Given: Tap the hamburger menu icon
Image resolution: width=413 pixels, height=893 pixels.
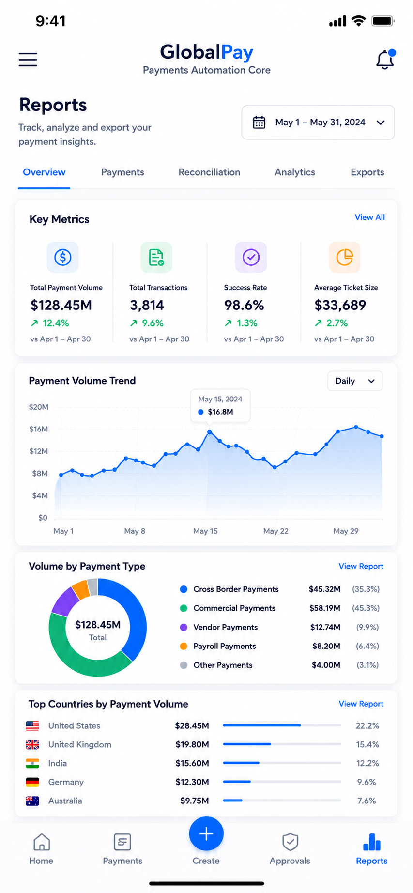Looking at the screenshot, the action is coord(28,59).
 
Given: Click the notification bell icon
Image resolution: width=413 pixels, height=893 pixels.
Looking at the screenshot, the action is coord(385,60).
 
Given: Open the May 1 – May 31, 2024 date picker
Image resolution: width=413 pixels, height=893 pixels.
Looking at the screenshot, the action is coord(318,123).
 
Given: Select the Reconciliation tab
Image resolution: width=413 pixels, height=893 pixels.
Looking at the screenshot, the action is coord(209,172).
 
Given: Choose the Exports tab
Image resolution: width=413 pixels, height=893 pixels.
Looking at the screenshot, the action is coord(367,172).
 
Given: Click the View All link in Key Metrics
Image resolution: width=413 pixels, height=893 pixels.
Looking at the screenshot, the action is coord(370,217).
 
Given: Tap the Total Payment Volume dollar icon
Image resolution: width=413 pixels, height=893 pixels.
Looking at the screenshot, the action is coord(63,257).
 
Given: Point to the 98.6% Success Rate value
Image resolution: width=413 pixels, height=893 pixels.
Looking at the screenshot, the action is coord(244,306).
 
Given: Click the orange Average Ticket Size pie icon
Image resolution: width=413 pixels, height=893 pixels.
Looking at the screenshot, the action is coord(345,257).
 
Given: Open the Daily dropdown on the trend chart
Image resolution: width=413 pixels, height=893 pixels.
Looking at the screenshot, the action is coord(355,381).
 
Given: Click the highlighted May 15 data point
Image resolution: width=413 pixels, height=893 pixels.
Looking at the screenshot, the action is coord(210,431).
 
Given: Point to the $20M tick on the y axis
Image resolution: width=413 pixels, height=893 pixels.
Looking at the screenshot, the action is coord(39,407).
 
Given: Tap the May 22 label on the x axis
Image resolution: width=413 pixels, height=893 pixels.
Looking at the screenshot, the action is coord(276,531).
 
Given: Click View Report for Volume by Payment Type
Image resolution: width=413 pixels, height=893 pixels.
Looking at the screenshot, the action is coord(361,566).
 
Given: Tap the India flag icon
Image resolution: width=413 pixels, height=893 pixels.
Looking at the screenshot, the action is coord(32,763).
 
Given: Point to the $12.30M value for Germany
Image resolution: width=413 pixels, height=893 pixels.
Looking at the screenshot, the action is coord(192,782).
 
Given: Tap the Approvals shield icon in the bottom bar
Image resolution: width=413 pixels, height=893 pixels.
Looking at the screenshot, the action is coord(290,842).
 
